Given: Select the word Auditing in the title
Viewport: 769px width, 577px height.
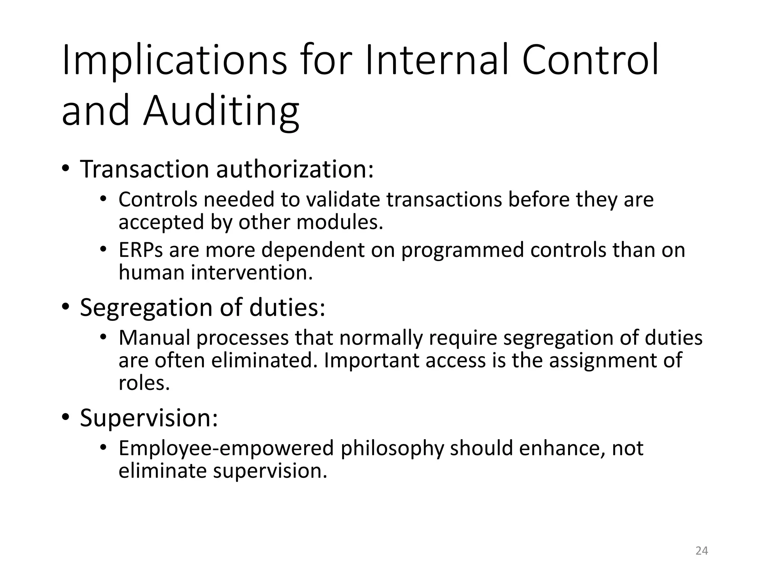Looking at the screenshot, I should (x=221, y=112).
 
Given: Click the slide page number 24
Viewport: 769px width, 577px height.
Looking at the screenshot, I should (x=701, y=551).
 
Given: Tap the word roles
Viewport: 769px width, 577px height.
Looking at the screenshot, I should (x=144, y=383).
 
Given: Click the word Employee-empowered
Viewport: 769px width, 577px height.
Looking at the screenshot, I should (x=226, y=448).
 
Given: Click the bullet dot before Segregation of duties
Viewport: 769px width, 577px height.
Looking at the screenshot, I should (x=66, y=307).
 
